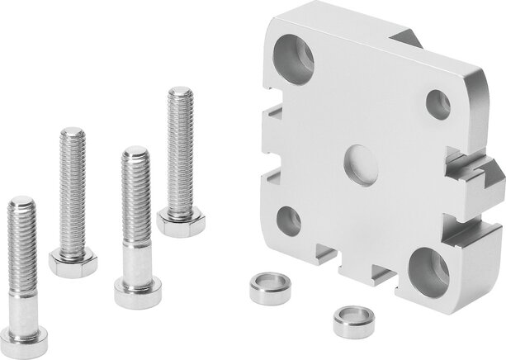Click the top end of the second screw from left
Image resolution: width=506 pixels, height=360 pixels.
[x=70, y=135]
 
